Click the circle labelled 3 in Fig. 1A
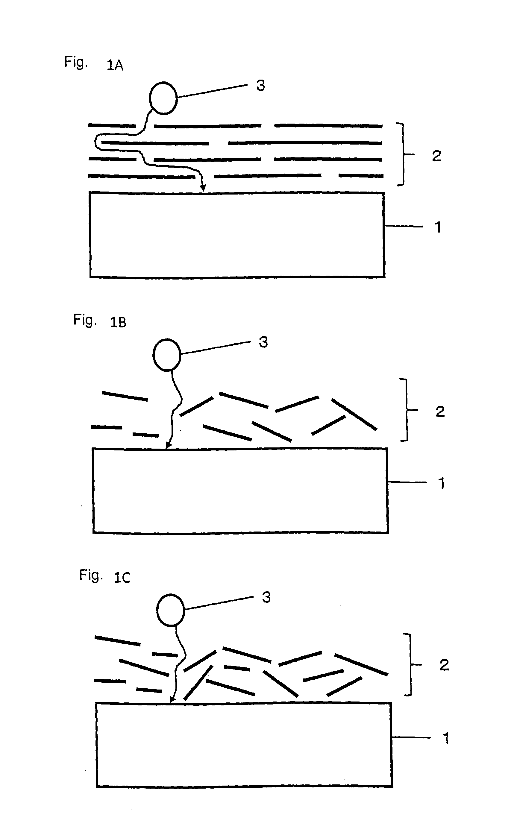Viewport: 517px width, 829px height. coord(163,98)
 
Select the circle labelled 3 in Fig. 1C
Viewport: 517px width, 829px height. coord(170,610)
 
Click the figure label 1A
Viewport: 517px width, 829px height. coord(115,65)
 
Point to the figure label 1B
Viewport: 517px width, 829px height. coord(118,322)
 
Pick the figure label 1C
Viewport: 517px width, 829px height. coord(122,577)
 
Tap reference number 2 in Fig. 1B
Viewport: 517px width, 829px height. coord(440,411)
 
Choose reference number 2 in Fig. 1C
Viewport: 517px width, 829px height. coord(444,665)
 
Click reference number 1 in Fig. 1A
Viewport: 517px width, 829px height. coord(438,227)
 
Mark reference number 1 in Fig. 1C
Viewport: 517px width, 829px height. coord(445,738)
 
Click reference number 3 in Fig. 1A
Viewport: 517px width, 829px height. coord(260,85)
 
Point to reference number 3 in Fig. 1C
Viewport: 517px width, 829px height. coord(266,597)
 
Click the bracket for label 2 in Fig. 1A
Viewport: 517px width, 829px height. coord(403,154)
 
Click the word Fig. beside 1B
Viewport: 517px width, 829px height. coord(85,320)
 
